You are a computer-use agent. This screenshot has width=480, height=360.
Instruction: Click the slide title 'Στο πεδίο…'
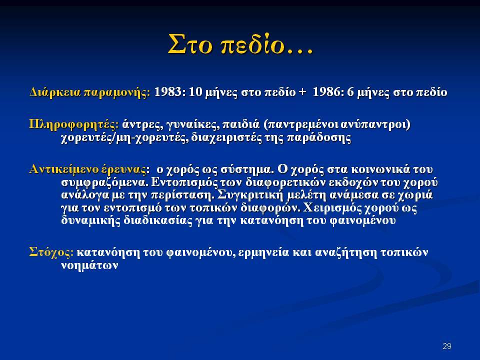(x=240, y=44)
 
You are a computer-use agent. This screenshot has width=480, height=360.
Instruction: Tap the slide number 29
(x=447, y=346)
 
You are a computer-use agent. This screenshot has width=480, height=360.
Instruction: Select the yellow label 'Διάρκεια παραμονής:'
(x=90, y=92)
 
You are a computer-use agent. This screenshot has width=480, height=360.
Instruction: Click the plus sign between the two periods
(x=302, y=92)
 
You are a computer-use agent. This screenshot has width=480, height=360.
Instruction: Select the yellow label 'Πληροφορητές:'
(x=74, y=124)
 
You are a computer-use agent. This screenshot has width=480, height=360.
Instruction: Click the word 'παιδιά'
(x=240, y=124)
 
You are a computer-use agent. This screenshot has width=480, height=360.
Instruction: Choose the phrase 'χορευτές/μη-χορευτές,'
(x=124, y=138)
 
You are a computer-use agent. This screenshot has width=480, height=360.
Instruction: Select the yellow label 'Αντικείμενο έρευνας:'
(x=89, y=169)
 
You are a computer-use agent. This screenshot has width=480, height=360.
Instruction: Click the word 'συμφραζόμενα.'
(x=105, y=182)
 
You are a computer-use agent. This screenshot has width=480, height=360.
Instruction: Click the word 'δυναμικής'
(x=91, y=221)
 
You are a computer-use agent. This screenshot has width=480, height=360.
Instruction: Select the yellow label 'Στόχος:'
(x=51, y=252)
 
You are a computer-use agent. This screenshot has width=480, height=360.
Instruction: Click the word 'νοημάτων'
(x=89, y=265)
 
